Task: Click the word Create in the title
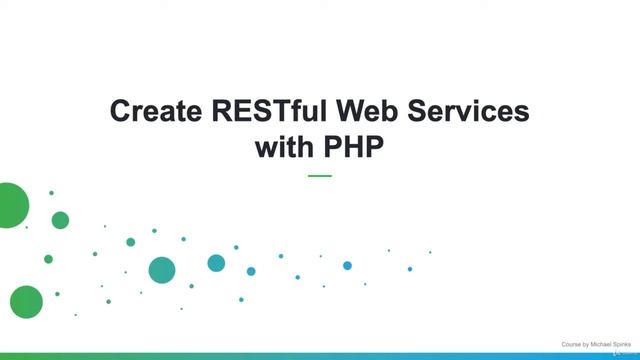151,112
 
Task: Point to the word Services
465,112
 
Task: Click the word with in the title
284,147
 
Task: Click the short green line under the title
319,176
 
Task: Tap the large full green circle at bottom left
26,301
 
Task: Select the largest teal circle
162,270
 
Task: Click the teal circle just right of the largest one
216,263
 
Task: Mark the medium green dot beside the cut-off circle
60,220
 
